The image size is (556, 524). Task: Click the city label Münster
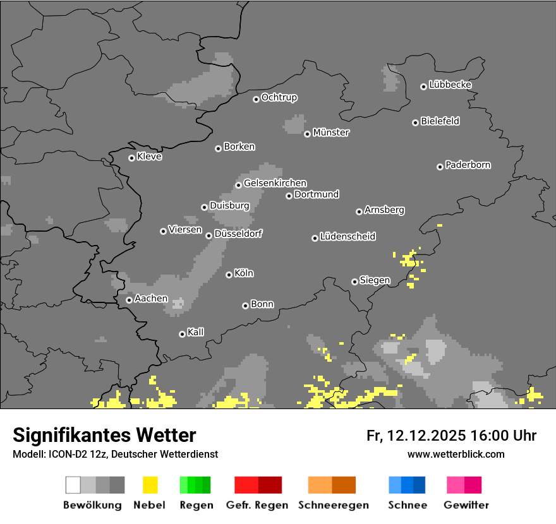(331, 133)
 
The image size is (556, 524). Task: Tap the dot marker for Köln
(229, 275)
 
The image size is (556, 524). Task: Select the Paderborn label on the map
(468, 165)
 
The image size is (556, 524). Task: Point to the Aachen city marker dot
(129, 300)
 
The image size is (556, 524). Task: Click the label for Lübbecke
(450, 85)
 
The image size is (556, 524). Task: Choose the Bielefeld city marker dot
(415, 122)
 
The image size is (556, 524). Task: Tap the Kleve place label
(150, 157)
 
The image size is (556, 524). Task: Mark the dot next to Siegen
(354, 282)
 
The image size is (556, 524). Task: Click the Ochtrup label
(279, 97)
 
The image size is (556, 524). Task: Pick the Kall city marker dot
(182, 334)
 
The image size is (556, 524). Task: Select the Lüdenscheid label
(348, 236)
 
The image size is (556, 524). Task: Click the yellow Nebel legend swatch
(150, 485)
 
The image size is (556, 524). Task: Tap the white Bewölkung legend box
(73, 485)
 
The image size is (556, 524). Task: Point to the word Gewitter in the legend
(466, 505)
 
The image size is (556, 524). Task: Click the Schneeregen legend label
(334, 505)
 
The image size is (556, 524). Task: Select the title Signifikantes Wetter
(104, 436)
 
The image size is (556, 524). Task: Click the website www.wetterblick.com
(456, 454)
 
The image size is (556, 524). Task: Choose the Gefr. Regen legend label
(257, 505)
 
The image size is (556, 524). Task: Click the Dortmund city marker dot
(289, 196)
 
